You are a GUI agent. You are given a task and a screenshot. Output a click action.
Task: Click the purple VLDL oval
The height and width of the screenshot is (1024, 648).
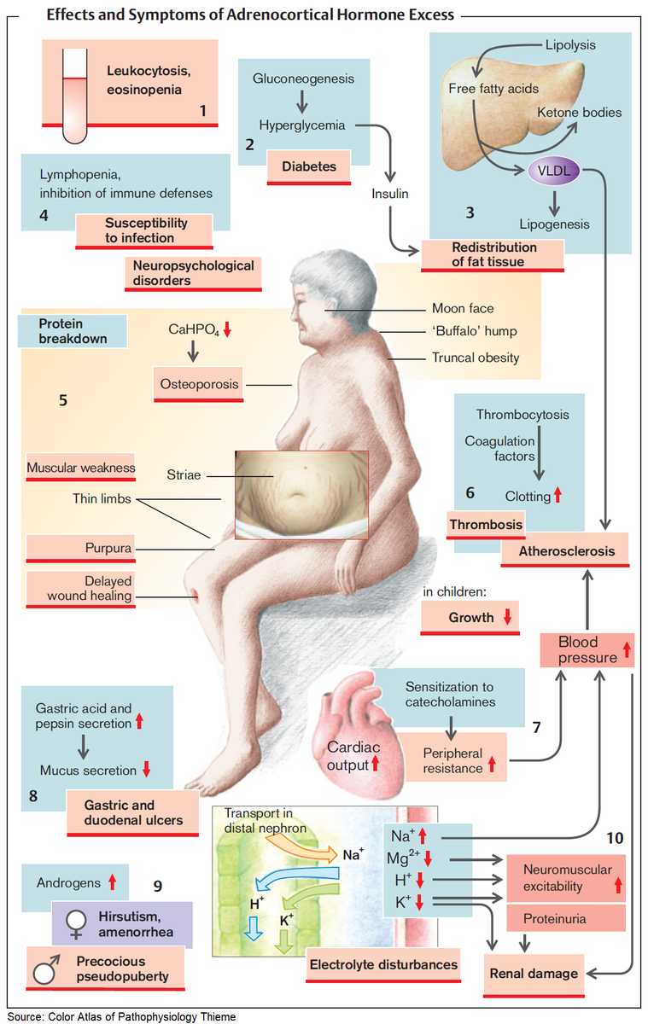tap(553, 171)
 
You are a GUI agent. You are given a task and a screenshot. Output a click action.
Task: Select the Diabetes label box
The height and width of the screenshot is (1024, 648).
tap(309, 166)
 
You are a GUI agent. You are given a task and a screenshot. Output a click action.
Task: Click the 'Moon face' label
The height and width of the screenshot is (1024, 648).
tap(463, 308)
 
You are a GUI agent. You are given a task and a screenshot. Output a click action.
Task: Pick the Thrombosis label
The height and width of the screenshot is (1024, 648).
tap(485, 525)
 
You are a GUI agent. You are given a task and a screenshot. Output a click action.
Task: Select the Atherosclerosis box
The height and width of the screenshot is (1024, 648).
tap(567, 550)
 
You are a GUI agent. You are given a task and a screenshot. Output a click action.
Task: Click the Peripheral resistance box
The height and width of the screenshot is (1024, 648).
tap(459, 759)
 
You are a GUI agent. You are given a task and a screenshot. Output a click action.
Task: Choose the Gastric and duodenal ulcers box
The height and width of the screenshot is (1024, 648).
tap(131, 812)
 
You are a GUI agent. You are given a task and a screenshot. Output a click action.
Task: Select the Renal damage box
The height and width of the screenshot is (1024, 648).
tap(533, 973)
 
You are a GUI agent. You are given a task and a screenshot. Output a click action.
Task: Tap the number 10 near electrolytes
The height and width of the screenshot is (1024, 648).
tap(616, 838)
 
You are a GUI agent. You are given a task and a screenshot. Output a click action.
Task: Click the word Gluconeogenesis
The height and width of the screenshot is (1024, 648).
tap(303, 79)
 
